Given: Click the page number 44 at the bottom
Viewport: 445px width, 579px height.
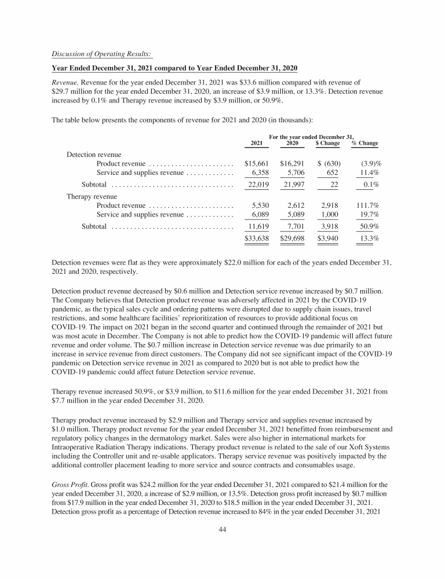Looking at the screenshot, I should coord(222,545).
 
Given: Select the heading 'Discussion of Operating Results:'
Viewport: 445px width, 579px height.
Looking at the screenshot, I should coord(102,54).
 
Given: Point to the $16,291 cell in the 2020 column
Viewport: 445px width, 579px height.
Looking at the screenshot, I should coord(292,164).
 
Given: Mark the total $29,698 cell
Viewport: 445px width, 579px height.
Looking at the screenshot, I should coord(292,237).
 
